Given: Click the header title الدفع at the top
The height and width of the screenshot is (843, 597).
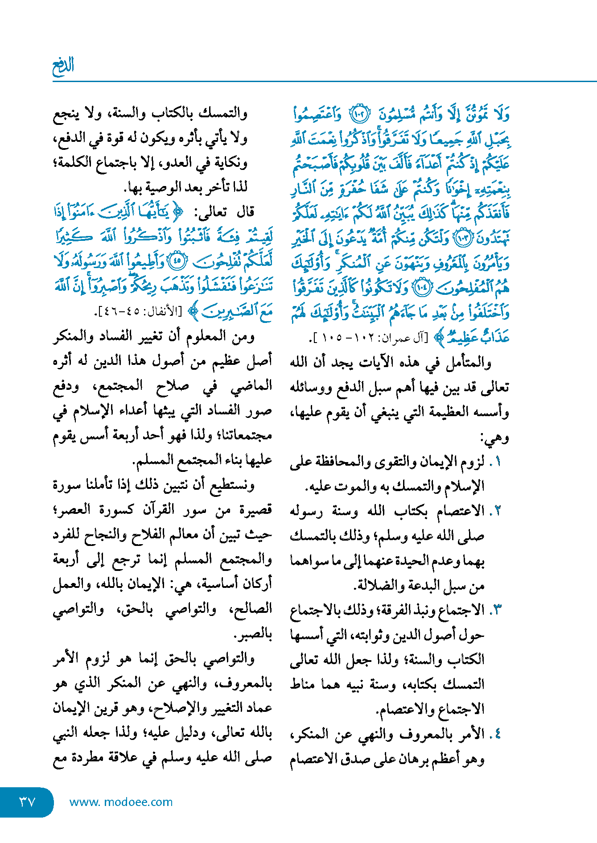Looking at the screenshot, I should tap(63, 66).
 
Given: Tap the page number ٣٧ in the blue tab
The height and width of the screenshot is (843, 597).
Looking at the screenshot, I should tap(27, 802).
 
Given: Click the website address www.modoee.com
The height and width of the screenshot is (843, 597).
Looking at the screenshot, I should tap(121, 802).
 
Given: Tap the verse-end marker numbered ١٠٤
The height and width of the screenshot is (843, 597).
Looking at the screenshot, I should tap(421, 288).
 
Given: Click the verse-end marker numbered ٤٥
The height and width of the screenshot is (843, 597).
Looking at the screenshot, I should tap(178, 261).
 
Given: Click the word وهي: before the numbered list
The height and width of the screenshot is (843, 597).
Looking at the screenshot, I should tap(494, 438).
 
